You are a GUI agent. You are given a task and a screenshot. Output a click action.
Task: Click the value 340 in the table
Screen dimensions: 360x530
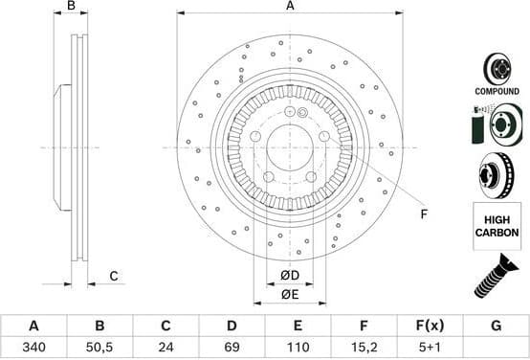tap(33, 349)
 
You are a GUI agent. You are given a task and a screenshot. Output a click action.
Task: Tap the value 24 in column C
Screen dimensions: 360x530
tap(166, 349)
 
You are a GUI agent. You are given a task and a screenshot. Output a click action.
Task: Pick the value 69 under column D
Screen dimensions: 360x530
tap(232, 349)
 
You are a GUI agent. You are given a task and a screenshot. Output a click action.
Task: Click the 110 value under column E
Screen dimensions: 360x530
tap(298, 349)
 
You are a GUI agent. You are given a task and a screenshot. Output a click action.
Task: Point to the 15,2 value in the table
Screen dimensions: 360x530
tap(364, 349)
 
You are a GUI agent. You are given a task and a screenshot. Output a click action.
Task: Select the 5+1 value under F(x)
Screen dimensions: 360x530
tap(430, 349)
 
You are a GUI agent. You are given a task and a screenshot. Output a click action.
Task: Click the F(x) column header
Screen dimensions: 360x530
tap(430, 326)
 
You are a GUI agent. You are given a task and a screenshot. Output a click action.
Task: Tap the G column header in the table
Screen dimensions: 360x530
tap(496, 326)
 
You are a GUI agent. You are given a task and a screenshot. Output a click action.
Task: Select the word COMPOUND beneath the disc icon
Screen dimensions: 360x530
tap(496, 91)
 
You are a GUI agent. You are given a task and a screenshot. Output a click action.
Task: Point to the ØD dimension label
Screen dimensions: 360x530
tap(290, 277)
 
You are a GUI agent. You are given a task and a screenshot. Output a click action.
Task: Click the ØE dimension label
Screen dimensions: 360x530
tap(290, 294)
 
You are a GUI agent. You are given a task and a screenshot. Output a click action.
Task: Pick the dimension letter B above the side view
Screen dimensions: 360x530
tap(70, 7)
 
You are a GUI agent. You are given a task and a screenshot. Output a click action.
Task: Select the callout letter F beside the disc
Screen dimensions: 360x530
tap(424, 214)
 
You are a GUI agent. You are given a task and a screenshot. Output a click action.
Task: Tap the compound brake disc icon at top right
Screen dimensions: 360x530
tap(496, 67)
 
